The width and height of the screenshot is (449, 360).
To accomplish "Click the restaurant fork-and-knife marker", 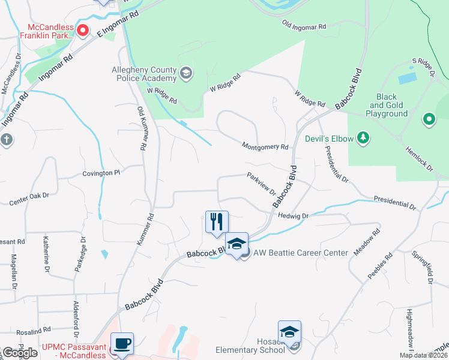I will (x=217, y=221).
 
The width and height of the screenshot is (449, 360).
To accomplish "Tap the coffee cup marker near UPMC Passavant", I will (x=122, y=344).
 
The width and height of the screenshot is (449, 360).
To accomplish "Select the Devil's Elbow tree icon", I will (x=363, y=139).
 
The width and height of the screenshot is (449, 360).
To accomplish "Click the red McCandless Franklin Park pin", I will (x=83, y=29).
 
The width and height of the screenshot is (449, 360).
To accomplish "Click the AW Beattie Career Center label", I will (x=300, y=253).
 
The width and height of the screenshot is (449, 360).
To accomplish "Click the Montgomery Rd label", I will (x=265, y=146).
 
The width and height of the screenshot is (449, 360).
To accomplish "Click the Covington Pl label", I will (x=101, y=173).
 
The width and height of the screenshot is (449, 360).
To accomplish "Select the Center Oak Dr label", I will (x=29, y=199).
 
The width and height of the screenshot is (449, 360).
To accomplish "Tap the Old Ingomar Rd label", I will (x=304, y=26).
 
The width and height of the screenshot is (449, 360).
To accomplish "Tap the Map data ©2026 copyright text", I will (x=423, y=355).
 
